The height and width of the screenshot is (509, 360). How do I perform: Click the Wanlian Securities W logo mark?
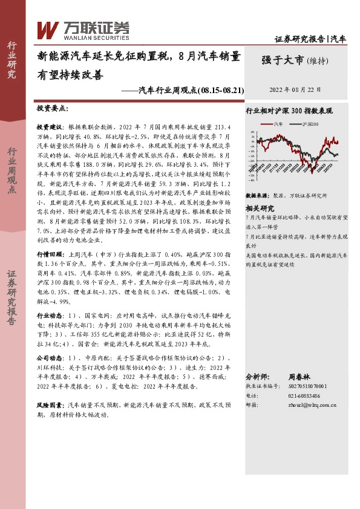click(x=48, y=29)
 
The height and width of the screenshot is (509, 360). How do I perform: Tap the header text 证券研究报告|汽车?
click(x=310, y=39)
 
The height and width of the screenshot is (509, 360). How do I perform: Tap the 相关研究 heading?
click(x=260, y=207)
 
